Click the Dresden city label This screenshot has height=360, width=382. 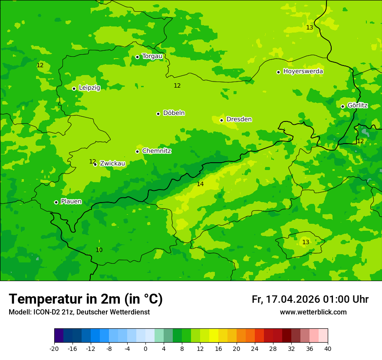click(x=239, y=119)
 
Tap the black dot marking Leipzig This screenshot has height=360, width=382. click(x=74, y=88)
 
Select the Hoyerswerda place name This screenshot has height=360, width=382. click(x=303, y=71)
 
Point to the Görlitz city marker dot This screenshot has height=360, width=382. click(x=342, y=106)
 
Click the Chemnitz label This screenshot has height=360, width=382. click(x=156, y=151)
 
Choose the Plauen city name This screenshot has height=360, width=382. click(x=71, y=201)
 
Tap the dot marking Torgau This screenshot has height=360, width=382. click(x=137, y=57)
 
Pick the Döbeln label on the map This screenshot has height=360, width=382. click(x=174, y=113)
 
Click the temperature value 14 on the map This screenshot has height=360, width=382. click(x=200, y=184)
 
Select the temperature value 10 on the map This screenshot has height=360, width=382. click(x=99, y=250)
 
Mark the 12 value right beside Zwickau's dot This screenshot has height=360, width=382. click(x=92, y=161)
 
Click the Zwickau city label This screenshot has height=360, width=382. click(x=112, y=164)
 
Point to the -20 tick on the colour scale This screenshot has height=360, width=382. click(x=54, y=348)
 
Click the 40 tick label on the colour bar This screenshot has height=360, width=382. click(x=328, y=348)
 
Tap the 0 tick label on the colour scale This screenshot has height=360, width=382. click(x=145, y=348)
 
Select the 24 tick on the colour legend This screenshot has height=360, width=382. click(x=255, y=348)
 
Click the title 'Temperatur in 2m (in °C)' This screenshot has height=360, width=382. click(x=86, y=299)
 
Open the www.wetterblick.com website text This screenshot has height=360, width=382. click(x=313, y=312)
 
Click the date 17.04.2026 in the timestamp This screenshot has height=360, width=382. click(x=293, y=299)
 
